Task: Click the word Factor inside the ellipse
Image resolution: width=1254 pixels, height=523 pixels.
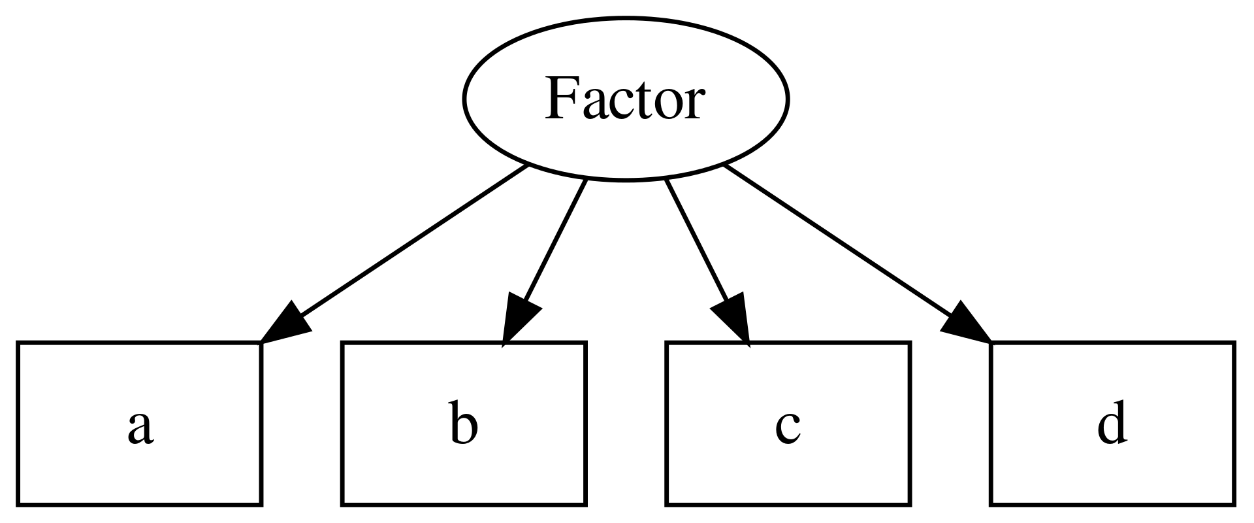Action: click(624, 99)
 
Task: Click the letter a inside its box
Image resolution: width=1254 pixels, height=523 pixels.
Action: click(140, 428)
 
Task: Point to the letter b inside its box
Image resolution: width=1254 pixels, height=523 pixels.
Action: click(464, 426)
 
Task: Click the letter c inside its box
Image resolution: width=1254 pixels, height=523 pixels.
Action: click(788, 428)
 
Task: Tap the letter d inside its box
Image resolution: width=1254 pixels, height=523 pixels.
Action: click(1111, 426)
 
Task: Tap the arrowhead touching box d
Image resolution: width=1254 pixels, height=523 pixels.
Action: click(965, 324)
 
